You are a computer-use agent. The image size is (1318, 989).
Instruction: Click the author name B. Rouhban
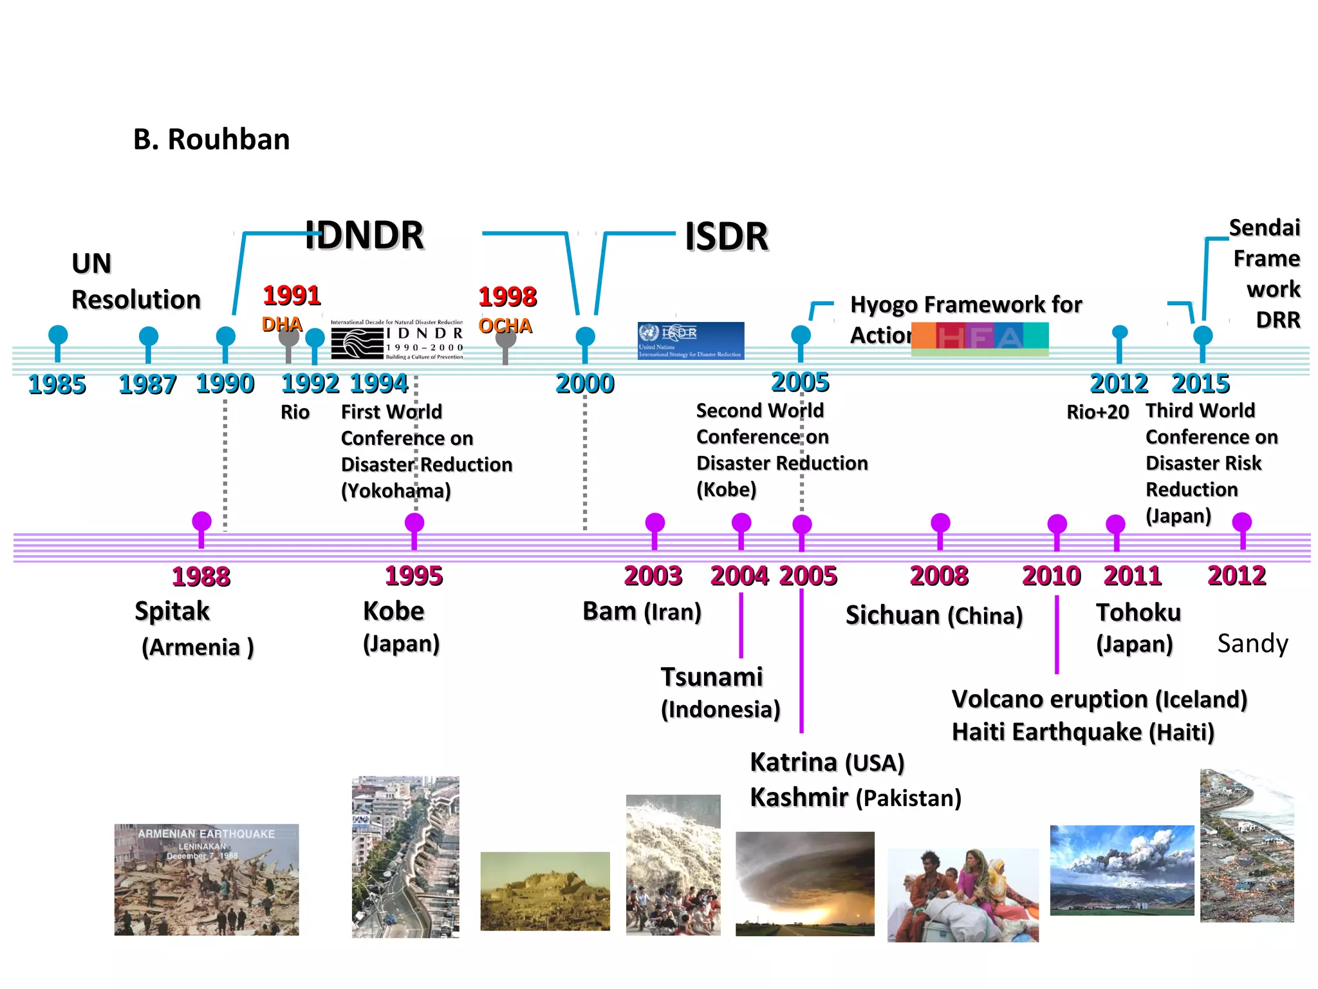(x=211, y=140)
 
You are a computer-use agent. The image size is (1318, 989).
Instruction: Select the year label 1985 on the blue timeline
(x=57, y=384)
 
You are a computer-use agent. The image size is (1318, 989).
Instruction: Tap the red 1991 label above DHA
(x=292, y=296)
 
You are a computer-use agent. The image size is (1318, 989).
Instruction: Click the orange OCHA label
(x=505, y=326)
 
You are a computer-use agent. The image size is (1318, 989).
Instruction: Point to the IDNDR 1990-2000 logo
(x=396, y=340)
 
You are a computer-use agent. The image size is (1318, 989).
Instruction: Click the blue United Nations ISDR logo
(x=691, y=340)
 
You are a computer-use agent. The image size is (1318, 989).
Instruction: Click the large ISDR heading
(x=727, y=236)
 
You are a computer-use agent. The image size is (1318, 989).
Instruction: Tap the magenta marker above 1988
(x=201, y=522)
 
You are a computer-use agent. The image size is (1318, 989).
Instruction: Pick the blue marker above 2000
(x=585, y=336)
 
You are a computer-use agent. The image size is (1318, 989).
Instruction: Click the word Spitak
(x=172, y=611)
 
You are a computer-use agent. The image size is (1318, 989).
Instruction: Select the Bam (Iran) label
(x=642, y=612)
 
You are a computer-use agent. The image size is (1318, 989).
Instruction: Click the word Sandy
(x=1252, y=643)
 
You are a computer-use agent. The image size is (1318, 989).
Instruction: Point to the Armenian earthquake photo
(x=207, y=880)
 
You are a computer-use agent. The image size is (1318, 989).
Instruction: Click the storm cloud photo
(x=805, y=883)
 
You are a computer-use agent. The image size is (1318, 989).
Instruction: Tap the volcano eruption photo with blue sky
(x=1122, y=870)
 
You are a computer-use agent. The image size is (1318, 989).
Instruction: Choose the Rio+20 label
(x=1097, y=412)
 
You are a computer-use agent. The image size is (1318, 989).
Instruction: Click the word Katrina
(x=794, y=762)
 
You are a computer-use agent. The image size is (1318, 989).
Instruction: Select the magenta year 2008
(x=939, y=576)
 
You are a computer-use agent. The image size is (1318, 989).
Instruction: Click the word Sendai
(x=1264, y=228)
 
